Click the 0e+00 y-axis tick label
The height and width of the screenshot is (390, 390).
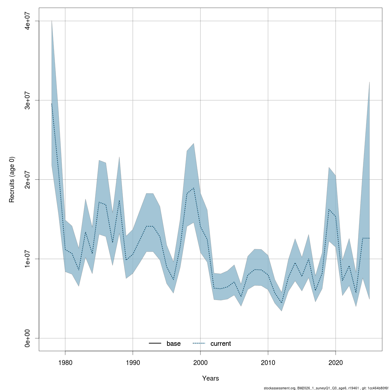coord(29,338)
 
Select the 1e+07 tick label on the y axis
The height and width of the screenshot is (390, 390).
coord(29,259)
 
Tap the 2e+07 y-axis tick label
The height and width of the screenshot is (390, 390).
coord(29,179)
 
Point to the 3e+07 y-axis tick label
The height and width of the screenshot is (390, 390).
coord(29,100)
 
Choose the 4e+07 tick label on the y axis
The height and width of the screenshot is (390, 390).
coord(29,21)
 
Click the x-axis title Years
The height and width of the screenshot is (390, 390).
coord(211,378)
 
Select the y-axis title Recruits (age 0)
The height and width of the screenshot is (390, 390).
coord(12,179)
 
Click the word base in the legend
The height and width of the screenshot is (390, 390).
coord(174,344)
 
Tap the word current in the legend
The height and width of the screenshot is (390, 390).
coord(221,344)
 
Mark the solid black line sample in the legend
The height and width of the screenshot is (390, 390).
coord(155,344)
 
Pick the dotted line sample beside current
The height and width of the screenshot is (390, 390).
coord(199,344)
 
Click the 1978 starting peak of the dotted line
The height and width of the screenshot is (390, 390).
coord(52,103)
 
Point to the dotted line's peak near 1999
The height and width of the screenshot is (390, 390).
coord(194,188)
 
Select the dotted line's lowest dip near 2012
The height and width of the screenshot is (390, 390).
coord(281,303)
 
